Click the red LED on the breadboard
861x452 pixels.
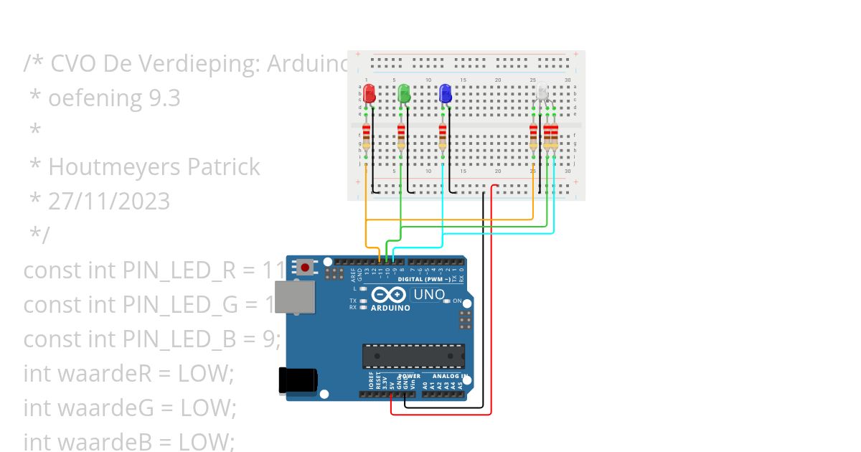pyautogui.click(x=369, y=93)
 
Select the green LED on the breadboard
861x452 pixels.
pyautogui.click(x=404, y=93)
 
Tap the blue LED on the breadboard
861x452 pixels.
pyautogui.click(x=445, y=93)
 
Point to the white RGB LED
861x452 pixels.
pyautogui.click(x=543, y=93)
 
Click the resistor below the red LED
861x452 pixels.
pyautogui.click(x=367, y=136)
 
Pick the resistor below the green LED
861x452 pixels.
pyautogui.click(x=401, y=136)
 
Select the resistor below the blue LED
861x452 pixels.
pyautogui.click(x=443, y=136)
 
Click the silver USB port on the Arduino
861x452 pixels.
pyautogui.click(x=294, y=297)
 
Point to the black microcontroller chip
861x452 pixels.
pyautogui.click(x=413, y=356)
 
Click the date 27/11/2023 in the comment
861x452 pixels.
pyautogui.click(x=109, y=202)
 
